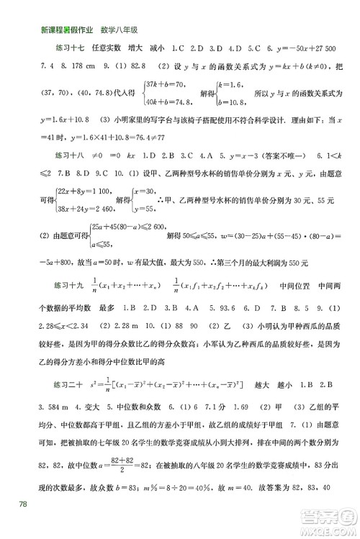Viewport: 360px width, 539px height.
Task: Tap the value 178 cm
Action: [95, 65]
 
